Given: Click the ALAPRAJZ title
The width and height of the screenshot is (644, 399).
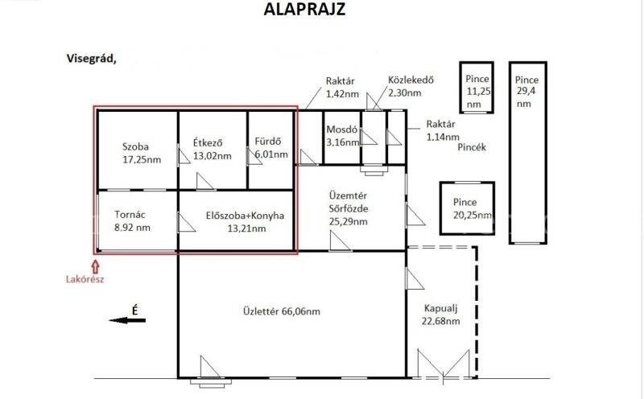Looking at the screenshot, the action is pos(304,9).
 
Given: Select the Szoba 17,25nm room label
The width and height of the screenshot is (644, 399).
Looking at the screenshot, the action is pos(142,153).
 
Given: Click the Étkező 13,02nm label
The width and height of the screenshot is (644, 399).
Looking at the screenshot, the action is pos(212,150).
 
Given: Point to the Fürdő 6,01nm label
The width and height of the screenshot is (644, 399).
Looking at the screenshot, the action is pos(271,148).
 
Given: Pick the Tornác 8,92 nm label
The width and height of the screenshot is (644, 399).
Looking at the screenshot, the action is pos(132,221).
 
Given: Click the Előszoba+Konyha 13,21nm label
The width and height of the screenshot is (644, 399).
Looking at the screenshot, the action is pos(245,222).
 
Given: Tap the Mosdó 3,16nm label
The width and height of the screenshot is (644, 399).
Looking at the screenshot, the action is pos(343,136).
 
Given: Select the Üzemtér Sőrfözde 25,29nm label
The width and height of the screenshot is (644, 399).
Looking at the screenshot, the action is pos(349,208).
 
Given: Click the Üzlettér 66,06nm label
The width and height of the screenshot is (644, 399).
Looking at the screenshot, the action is pos(281,311).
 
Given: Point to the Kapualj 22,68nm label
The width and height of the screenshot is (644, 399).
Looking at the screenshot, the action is pos(440,315).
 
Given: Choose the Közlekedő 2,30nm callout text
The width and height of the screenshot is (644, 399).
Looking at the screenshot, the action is pos(411,86).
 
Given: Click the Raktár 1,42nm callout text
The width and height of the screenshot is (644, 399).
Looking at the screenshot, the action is pos(342,88).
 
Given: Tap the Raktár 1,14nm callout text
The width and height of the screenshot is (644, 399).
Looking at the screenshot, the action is pos(442,130).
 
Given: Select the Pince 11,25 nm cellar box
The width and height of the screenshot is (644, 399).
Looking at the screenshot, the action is pos(477,88).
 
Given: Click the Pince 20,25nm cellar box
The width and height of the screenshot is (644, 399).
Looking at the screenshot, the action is pos(467,208).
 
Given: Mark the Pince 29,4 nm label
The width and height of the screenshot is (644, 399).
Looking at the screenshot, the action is pos(526,92).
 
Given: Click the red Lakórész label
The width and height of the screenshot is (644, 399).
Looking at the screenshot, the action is pos(85,280).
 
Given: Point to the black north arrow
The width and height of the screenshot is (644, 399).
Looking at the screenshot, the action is pos(127,320).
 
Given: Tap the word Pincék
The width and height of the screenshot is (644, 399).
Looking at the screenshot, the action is pos(472,147).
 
